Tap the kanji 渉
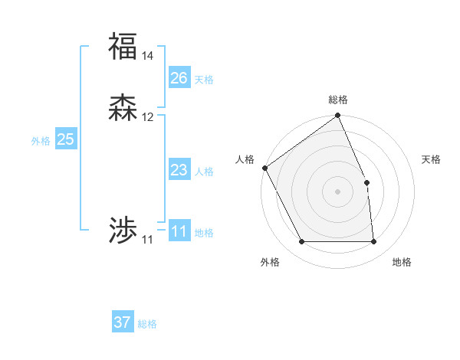tap(123, 231)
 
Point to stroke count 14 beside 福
tap(148, 56)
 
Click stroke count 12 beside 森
tap(148, 117)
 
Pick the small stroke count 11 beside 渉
tap(147, 240)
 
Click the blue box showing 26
tap(179, 78)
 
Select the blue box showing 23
tap(179, 170)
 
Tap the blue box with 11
tap(179, 231)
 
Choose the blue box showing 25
tap(66, 139)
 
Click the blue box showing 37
tap(123, 322)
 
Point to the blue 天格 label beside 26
tap(204, 79)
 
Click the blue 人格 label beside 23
tap(204, 171)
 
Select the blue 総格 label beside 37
tap(147, 324)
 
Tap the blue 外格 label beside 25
tap(41, 140)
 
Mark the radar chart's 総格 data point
tap(337, 116)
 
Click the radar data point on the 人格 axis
tap(264, 168)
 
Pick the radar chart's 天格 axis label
tap(431, 159)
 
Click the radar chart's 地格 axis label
tap(402, 262)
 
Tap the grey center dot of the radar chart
tap(337, 191)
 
